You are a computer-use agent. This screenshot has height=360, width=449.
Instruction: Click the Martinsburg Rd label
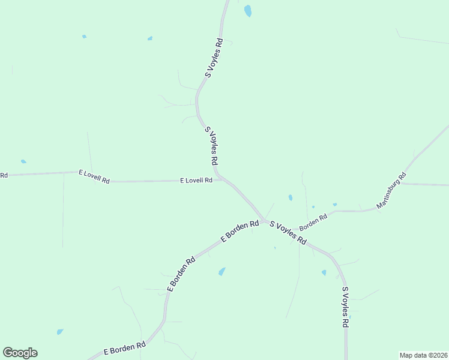point(391,191)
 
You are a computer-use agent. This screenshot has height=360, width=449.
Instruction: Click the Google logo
point(20,353)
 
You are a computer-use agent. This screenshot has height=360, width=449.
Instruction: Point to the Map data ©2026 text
point(423,355)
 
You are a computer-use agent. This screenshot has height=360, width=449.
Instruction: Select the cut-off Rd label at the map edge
point(4,175)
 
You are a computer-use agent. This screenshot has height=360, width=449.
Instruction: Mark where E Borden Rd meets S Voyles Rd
point(264,220)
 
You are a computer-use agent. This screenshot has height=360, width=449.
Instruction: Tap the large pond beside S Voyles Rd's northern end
point(247,10)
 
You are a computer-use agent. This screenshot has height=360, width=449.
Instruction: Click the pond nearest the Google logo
point(60,331)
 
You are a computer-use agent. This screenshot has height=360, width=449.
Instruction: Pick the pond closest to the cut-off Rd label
point(23,161)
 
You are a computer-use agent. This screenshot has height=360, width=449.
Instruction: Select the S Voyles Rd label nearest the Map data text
point(345,307)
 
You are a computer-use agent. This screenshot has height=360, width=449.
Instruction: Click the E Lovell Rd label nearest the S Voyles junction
point(196,180)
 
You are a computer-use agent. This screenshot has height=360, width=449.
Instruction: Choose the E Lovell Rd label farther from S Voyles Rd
point(94,176)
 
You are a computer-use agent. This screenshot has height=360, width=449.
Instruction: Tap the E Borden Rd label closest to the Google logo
point(125,347)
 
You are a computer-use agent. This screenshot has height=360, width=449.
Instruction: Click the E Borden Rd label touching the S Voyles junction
point(240,230)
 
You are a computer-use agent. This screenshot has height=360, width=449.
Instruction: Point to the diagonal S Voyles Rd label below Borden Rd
point(288,233)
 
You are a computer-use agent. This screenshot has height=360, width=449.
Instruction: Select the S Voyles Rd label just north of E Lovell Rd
point(211,146)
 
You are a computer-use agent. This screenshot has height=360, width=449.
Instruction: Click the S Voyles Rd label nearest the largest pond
point(214,58)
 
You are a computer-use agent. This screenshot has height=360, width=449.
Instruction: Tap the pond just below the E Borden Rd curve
point(222,271)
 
